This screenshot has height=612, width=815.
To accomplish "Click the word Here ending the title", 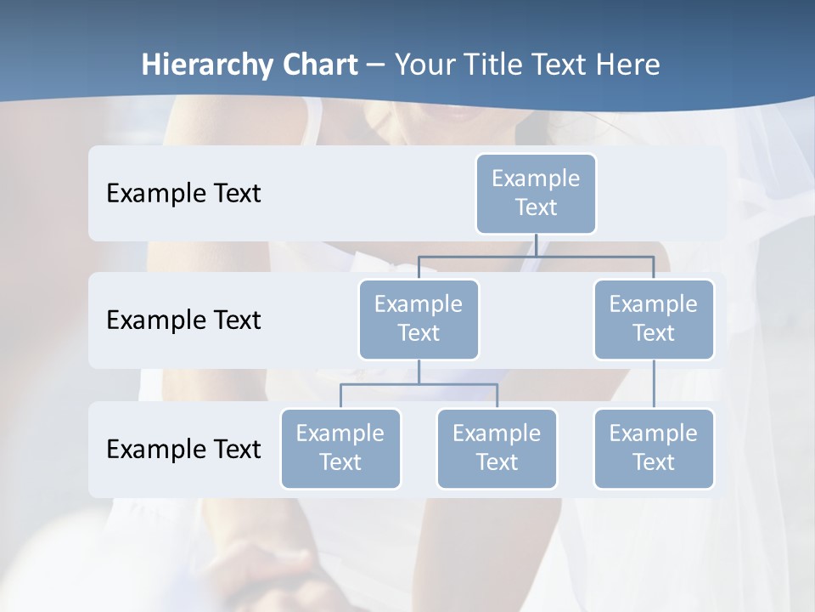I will point(628,65).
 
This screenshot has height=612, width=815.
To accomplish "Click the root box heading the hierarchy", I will point(536,193).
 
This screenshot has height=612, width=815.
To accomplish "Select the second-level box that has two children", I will point(419,319).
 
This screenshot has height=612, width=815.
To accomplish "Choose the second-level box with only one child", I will point(654,319).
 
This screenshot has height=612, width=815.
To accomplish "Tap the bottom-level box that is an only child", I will point(654,448).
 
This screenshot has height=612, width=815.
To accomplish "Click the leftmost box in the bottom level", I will point(340,448).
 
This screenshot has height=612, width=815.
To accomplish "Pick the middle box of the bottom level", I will point(497,448).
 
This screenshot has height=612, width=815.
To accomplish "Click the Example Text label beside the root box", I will point(183,194).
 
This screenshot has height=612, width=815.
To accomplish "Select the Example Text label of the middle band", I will point(183,320).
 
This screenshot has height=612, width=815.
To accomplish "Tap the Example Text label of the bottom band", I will point(183,449).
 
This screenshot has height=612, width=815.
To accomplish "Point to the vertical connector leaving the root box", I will point(536,245).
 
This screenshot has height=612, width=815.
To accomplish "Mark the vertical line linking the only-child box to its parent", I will point(654,384).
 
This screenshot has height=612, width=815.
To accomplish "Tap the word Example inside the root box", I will point(536,178).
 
